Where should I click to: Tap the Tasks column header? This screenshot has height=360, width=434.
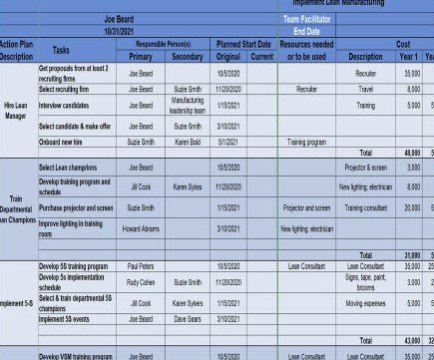point(61,50)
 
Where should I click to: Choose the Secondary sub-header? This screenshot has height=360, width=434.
point(187,57)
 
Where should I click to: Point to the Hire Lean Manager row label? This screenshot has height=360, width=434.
point(16,111)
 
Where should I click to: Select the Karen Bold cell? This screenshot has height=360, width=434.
point(187,142)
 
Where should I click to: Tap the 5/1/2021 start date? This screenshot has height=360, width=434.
point(231,142)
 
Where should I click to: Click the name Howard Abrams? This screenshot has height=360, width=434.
point(140,228)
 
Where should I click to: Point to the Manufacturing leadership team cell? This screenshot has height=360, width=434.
point(187,105)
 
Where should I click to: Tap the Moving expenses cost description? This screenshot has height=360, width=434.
point(365,302)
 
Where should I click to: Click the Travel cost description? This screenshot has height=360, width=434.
point(365,89)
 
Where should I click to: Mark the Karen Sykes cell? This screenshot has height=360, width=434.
point(187,186)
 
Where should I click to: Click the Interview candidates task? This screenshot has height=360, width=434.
point(66,104)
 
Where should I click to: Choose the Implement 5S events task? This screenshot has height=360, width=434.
point(67,318)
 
